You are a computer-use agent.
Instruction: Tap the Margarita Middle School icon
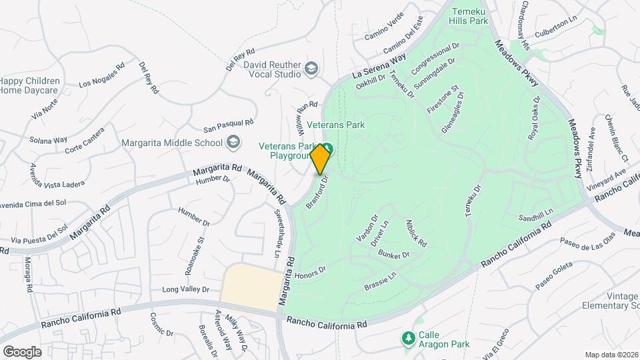coord(233,141)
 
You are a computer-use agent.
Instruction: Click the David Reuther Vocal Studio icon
coord(311,68)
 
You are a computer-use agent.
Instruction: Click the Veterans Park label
coord(339,125)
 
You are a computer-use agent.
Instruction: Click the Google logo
coord(22,351)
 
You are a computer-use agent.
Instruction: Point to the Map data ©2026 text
coord(612,355)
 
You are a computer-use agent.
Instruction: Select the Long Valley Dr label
coord(186,289)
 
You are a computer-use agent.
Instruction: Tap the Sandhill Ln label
coord(537,216)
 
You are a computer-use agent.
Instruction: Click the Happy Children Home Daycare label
coord(29,86)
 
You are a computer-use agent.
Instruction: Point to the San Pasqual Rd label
coord(228,124)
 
